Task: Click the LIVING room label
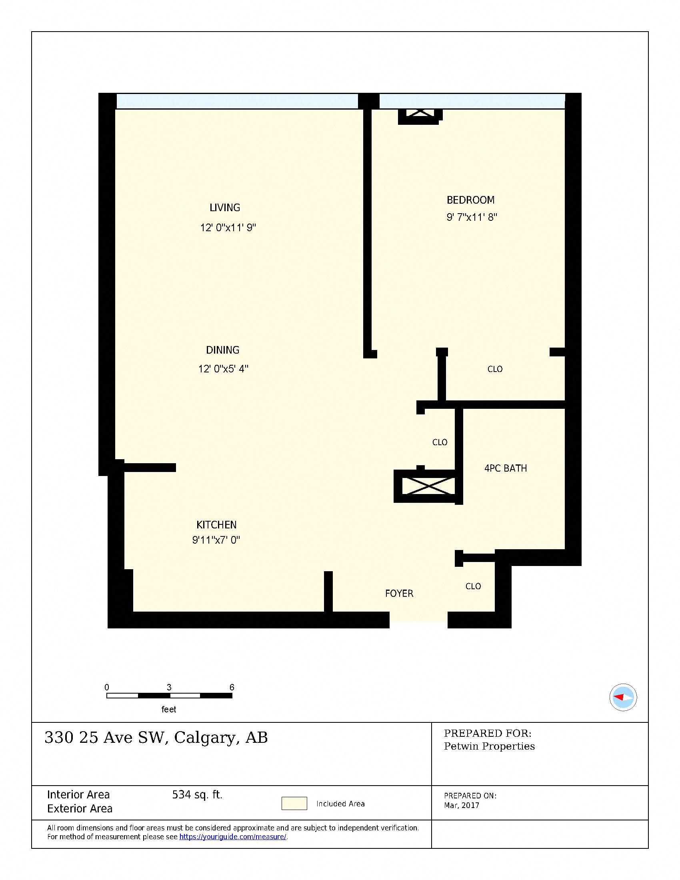(x=225, y=208)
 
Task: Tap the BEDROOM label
(x=470, y=200)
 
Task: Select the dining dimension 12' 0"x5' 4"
(x=223, y=369)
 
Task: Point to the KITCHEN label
(x=216, y=525)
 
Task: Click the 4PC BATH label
(x=506, y=468)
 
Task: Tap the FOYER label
(x=399, y=594)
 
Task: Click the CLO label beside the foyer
(x=473, y=586)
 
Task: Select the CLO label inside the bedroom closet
(x=495, y=369)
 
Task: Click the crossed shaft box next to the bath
(x=428, y=486)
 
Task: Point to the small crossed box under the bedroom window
(x=419, y=114)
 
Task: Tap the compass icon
(x=623, y=697)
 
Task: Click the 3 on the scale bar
(x=169, y=687)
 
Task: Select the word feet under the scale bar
(x=169, y=709)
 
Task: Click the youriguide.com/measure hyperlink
(x=232, y=837)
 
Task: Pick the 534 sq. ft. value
(x=197, y=794)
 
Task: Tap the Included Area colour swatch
(x=294, y=804)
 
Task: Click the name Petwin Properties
(x=489, y=746)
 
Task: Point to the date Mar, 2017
(x=461, y=806)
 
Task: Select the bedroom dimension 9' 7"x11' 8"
(x=472, y=218)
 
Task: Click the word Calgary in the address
(x=205, y=738)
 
